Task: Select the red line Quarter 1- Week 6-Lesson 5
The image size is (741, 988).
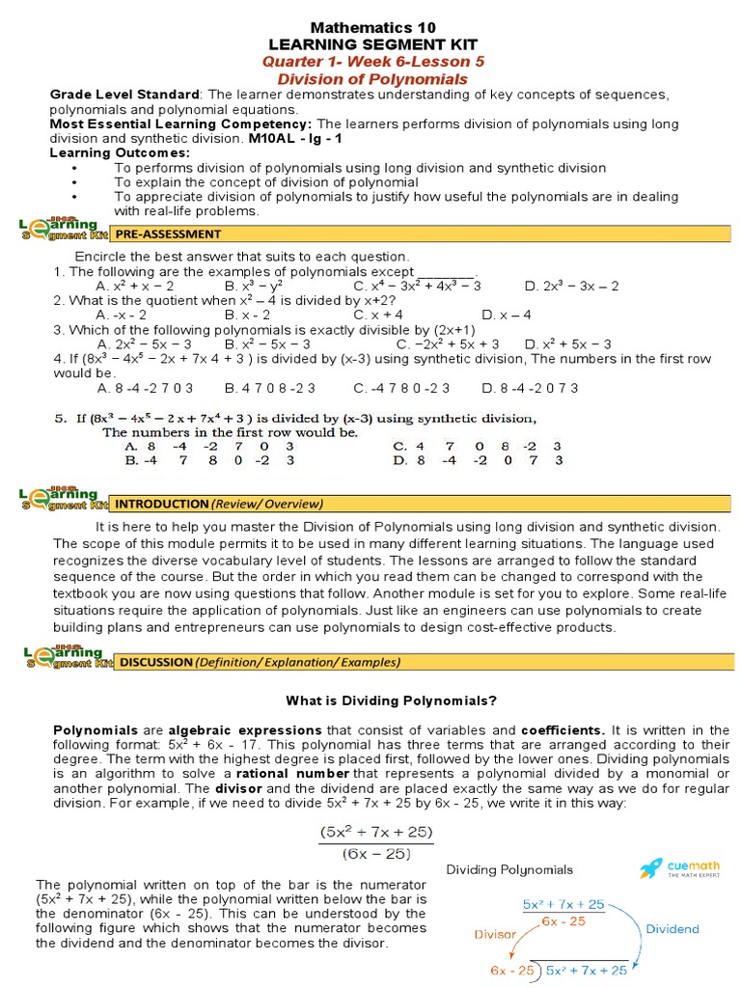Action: pyautogui.click(x=373, y=62)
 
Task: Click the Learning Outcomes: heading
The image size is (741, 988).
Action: pyautogui.click(x=120, y=152)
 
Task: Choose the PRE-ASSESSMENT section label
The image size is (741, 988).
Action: pyautogui.click(x=169, y=233)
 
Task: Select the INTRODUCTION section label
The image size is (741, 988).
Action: pyautogui.click(x=161, y=504)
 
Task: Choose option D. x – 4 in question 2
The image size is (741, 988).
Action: pyautogui.click(x=507, y=315)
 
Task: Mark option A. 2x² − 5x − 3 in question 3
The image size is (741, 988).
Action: pyautogui.click(x=145, y=343)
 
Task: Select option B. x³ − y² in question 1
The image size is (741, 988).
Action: pyautogui.click(x=253, y=286)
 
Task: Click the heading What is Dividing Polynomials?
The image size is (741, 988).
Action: pyautogui.click(x=391, y=700)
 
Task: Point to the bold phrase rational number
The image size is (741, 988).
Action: pyautogui.click(x=292, y=774)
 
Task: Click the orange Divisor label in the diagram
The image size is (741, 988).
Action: pyautogui.click(x=495, y=934)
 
